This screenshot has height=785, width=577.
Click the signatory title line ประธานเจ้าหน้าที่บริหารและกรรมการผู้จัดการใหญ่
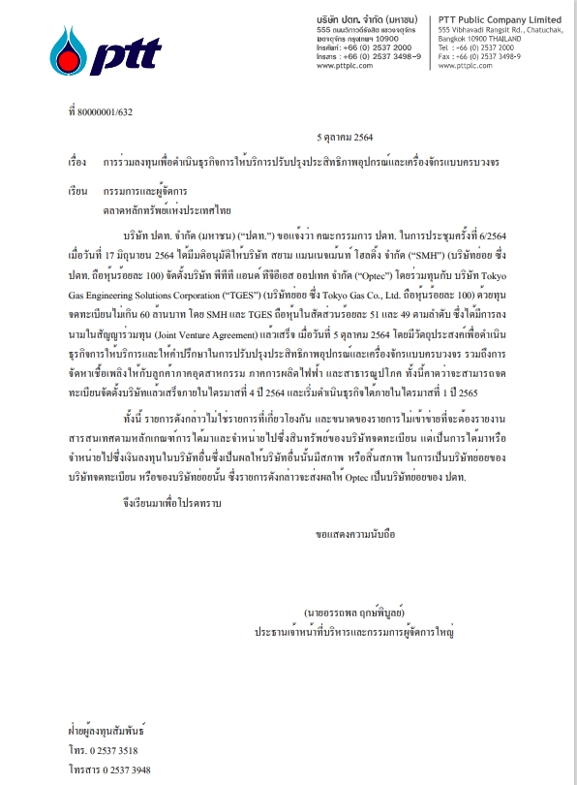click(x=354, y=630)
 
